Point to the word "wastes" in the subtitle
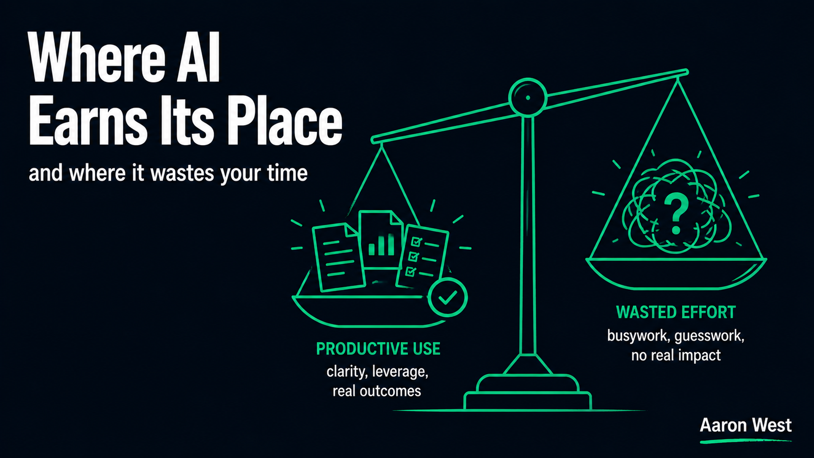click(x=182, y=173)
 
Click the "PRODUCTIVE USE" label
click(x=378, y=348)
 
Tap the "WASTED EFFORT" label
click(x=676, y=312)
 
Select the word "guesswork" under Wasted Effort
click(x=709, y=336)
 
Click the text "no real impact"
click(x=676, y=355)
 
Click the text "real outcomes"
click(x=377, y=391)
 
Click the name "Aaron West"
click(x=746, y=425)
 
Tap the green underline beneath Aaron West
click(x=746, y=441)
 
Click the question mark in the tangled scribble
click(x=676, y=214)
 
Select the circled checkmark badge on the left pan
click(x=448, y=297)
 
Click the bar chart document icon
click(x=381, y=240)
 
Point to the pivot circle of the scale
click(x=528, y=97)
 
